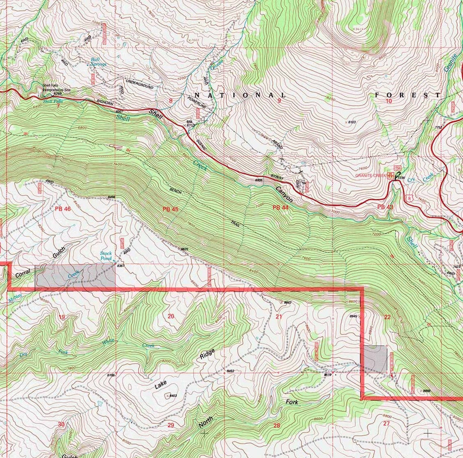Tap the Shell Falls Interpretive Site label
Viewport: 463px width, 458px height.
pos(56,87)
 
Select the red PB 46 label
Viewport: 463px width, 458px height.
pos(63,209)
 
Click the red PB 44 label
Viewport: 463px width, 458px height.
pos(280,207)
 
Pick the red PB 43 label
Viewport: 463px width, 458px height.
pos(385,207)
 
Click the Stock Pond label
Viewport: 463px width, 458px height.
pos(106,256)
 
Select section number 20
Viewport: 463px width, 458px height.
pos(171,316)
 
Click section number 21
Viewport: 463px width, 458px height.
pos(279,317)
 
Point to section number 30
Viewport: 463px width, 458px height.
pos(61,425)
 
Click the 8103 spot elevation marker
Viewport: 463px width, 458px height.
pos(350,122)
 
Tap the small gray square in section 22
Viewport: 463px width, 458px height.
pos(375,359)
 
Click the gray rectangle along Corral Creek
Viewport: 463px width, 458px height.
pos(75,278)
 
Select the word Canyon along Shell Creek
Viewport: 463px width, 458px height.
pos(284,194)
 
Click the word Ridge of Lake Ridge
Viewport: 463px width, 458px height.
pos(207,354)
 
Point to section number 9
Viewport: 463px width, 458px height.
pos(279,101)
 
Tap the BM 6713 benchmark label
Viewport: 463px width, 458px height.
pos(190,124)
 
